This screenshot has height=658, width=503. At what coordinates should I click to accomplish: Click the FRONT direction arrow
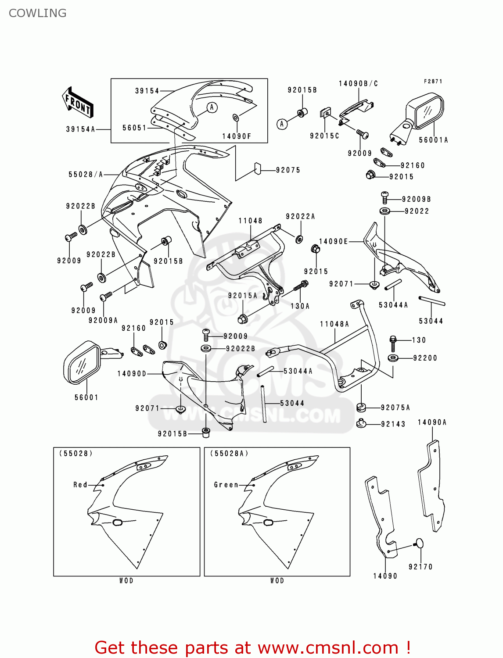click(x=77, y=103)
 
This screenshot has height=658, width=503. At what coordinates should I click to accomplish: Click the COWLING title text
click(x=38, y=13)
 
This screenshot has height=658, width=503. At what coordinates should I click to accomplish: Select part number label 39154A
click(x=80, y=129)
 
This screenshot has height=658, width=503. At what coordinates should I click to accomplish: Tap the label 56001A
click(x=433, y=140)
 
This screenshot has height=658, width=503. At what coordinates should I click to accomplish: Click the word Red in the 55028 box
click(x=80, y=485)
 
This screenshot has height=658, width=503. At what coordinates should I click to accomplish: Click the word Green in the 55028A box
click(x=226, y=485)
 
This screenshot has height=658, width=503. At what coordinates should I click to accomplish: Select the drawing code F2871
click(x=433, y=82)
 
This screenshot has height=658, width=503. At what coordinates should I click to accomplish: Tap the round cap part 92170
click(x=419, y=544)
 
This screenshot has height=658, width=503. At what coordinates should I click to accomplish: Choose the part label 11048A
click(x=334, y=324)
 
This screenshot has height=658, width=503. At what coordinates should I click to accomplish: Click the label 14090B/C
click(x=358, y=84)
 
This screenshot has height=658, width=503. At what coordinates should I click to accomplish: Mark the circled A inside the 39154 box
click(x=212, y=107)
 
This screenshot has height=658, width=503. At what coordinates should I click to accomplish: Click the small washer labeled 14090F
click(x=236, y=117)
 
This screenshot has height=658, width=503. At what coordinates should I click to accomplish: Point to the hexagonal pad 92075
click(x=258, y=168)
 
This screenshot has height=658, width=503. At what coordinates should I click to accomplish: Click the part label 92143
click(x=393, y=424)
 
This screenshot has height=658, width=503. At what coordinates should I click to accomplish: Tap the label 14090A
click(x=432, y=422)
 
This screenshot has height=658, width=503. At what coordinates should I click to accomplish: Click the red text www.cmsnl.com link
click(x=327, y=648)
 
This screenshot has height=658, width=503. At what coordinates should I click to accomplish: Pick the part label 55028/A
click(x=86, y=175)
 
